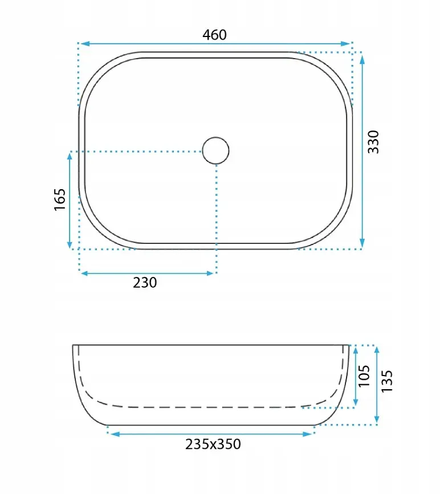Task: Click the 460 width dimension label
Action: point(214,35)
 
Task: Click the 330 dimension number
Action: point(373,142)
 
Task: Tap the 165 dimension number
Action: point(60,199)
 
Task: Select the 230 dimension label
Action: point(145,283)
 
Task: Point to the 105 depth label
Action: point(364,376)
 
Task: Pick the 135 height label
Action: point(387,381)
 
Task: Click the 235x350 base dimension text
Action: point(213,444)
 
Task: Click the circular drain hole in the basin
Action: point(215,150)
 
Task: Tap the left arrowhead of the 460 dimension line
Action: point(85,43)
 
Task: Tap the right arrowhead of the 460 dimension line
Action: point(346,43)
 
